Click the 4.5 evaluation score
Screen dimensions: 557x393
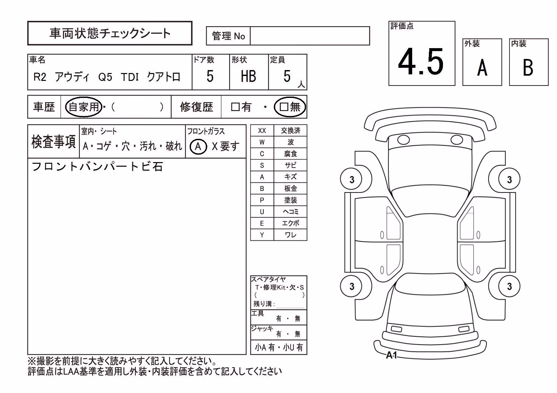(x=421, y=62)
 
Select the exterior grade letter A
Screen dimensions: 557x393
(x=482, y=67)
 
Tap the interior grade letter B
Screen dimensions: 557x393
(x=528, y=67)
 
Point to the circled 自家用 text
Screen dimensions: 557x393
(x=84, y=107)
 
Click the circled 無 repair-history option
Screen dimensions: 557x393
(x=290, y=107)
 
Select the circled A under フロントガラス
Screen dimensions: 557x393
(x=198, y=146)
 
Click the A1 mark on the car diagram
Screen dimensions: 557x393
(x=392, y=355)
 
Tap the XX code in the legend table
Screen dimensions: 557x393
(x=262, y=130)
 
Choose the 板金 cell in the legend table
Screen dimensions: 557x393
(x=290, y=188)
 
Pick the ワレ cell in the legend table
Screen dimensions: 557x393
(x=290, y=235)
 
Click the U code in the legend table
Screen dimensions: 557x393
(x=262, y=212)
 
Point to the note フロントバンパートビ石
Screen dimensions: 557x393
(x=97, y=167)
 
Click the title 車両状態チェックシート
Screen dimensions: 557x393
(x=110, y=33)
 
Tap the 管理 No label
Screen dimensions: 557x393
(x=228, y=36)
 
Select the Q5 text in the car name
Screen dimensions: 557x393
(x=105, y=77)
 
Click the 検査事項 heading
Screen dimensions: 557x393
(x=53, y=142)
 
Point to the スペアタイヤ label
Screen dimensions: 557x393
(x=268, y=279)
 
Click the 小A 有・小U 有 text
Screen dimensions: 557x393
(x=279, y=347)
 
